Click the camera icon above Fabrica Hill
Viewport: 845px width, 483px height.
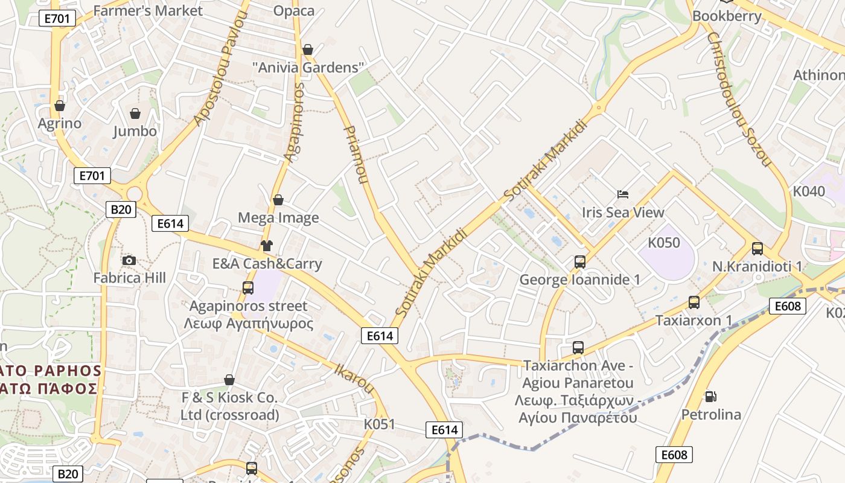129,261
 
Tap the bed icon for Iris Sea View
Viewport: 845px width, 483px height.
623,194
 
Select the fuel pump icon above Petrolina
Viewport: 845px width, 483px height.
711,397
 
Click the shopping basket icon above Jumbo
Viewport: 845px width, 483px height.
135,114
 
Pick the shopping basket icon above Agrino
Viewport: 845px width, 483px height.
60,106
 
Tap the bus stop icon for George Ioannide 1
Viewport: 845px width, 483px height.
580,262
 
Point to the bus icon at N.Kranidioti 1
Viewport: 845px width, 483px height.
757,249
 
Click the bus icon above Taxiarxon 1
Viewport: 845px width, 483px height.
694,302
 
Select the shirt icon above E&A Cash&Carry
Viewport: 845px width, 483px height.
267,246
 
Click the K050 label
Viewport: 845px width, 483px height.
664,243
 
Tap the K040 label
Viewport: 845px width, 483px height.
809,191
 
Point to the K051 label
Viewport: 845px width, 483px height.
379,424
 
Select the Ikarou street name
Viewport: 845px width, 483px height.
354,378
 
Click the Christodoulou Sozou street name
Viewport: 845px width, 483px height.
739,100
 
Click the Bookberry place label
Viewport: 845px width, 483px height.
727,16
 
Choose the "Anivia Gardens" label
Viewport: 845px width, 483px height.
308,68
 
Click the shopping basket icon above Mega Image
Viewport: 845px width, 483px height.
278,200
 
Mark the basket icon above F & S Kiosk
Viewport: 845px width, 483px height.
229,380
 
